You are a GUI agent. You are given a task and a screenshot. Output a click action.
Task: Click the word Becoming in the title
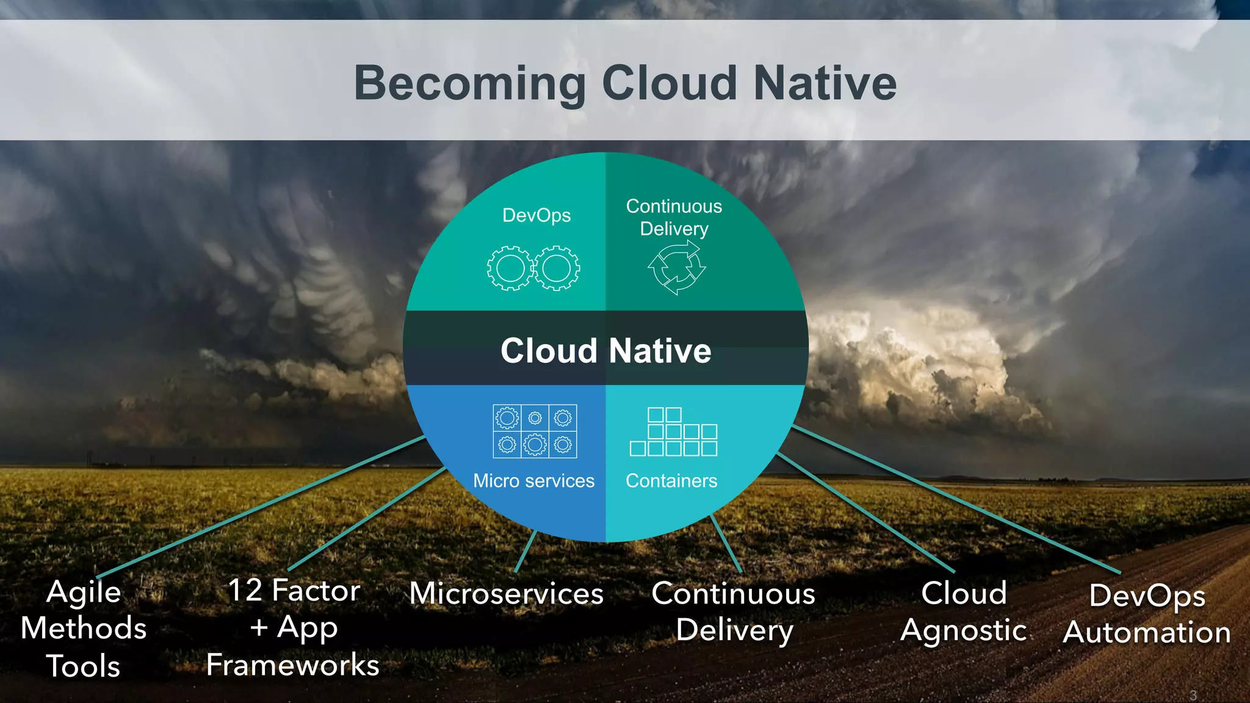point(470,84)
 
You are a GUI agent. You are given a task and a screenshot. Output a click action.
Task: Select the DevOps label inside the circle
point(536,215)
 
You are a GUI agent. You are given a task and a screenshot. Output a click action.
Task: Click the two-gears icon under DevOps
point(533,268)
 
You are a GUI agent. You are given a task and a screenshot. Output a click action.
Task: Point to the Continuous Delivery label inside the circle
point(674,217)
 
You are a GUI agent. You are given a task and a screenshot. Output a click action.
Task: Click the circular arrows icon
point(676,268)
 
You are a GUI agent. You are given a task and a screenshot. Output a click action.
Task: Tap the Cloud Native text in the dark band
point(605,351)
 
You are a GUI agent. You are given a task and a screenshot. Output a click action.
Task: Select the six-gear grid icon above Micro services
point(535,431)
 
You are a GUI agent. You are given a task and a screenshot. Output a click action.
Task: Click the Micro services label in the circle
point(533,481)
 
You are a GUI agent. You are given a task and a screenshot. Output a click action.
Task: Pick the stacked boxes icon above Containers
point(674,432)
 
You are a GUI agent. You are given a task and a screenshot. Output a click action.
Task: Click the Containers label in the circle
point(671,481)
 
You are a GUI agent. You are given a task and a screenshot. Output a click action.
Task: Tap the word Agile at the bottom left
point(84,592)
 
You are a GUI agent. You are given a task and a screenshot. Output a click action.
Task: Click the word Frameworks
point(293,665)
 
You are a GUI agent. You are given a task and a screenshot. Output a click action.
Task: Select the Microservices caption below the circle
point(507,593)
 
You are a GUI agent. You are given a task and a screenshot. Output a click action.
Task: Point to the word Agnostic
point(964,630)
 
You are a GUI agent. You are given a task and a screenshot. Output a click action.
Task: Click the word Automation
point(1147,632)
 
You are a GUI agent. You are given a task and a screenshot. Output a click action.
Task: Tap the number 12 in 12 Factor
point(245,590)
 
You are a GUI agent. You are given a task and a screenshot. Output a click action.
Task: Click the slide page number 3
point(1193,695)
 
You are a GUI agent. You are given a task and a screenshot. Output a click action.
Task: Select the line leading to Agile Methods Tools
point(262,507)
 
